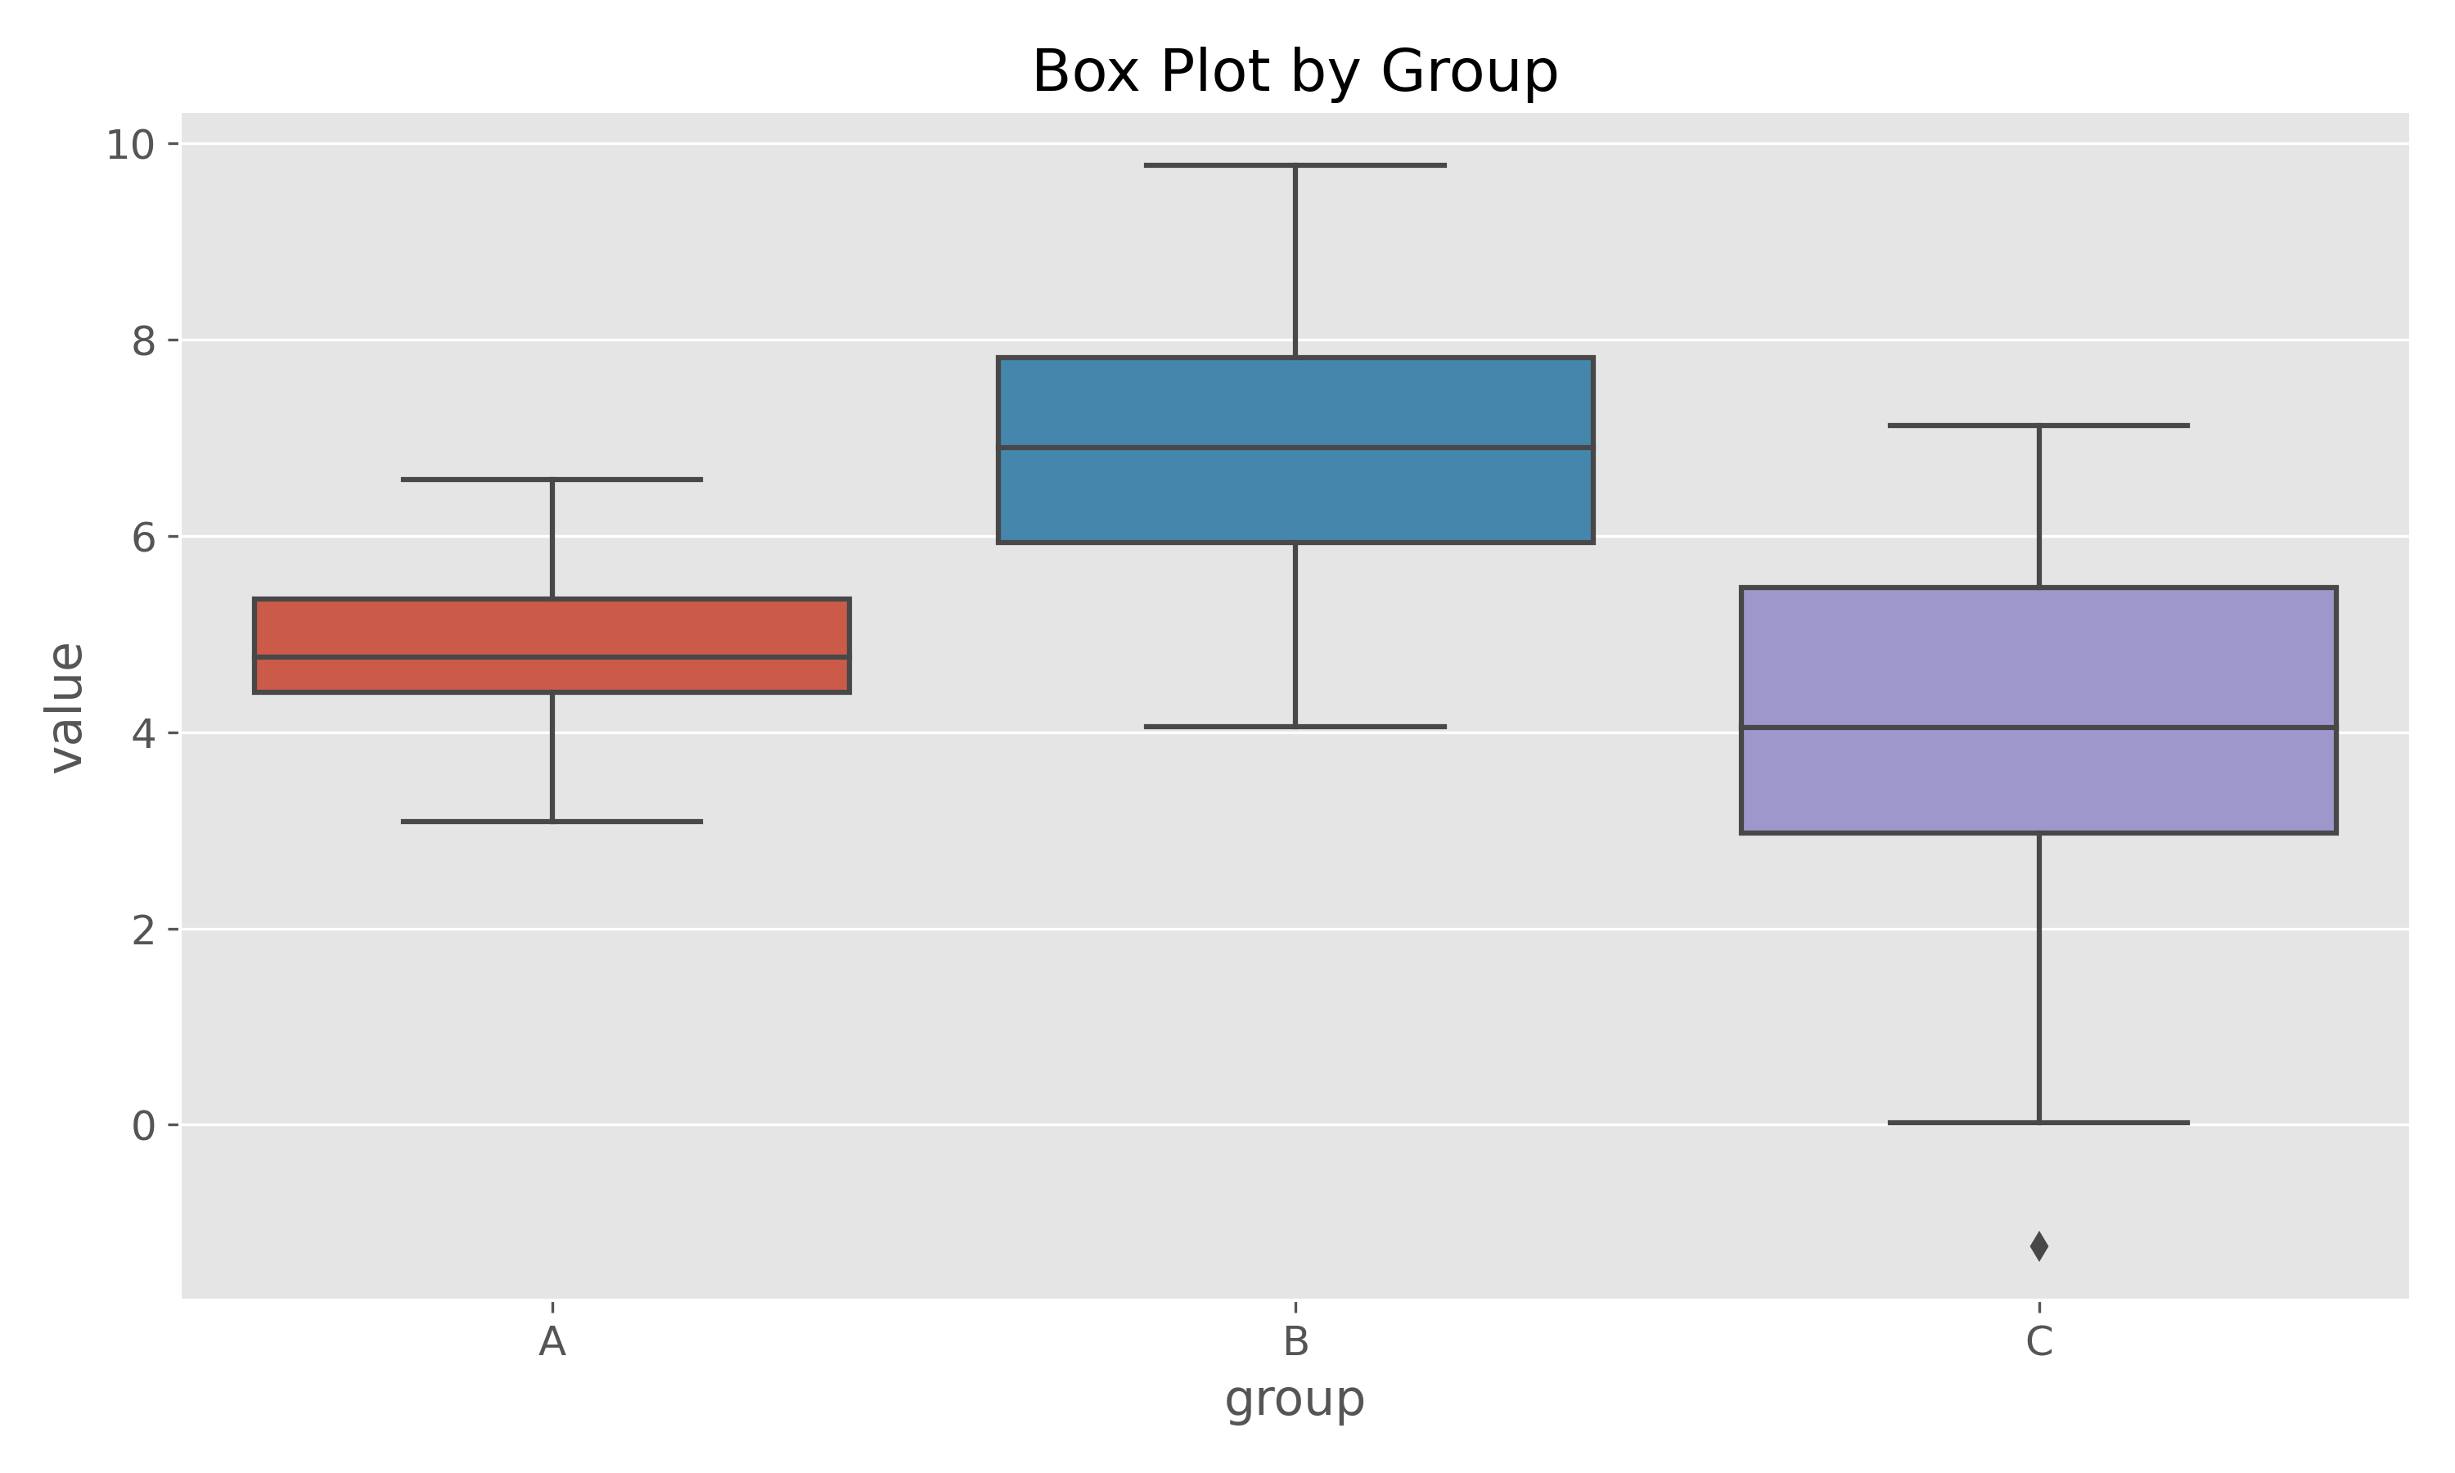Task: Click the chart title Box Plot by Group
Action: click(1295, 71)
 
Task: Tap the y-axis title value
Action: click(67, 707)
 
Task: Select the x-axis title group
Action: click(1295, 1399)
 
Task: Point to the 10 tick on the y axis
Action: click(130, 145)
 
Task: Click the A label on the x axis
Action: click(552, 1342)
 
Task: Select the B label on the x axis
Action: click(1295, 1342)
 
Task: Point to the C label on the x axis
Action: click(2038, 1342)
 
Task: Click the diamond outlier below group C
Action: click(2038, 1246)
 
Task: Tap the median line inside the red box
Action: click(552, 657)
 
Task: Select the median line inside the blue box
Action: click(1295, 448)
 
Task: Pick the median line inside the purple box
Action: click(2038, 727)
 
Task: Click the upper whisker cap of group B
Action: click(1295, 164)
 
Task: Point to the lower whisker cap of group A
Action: click(552, 822)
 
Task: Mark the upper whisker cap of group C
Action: click(2038, 426)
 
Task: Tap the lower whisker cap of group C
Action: click(2038, 1123)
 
